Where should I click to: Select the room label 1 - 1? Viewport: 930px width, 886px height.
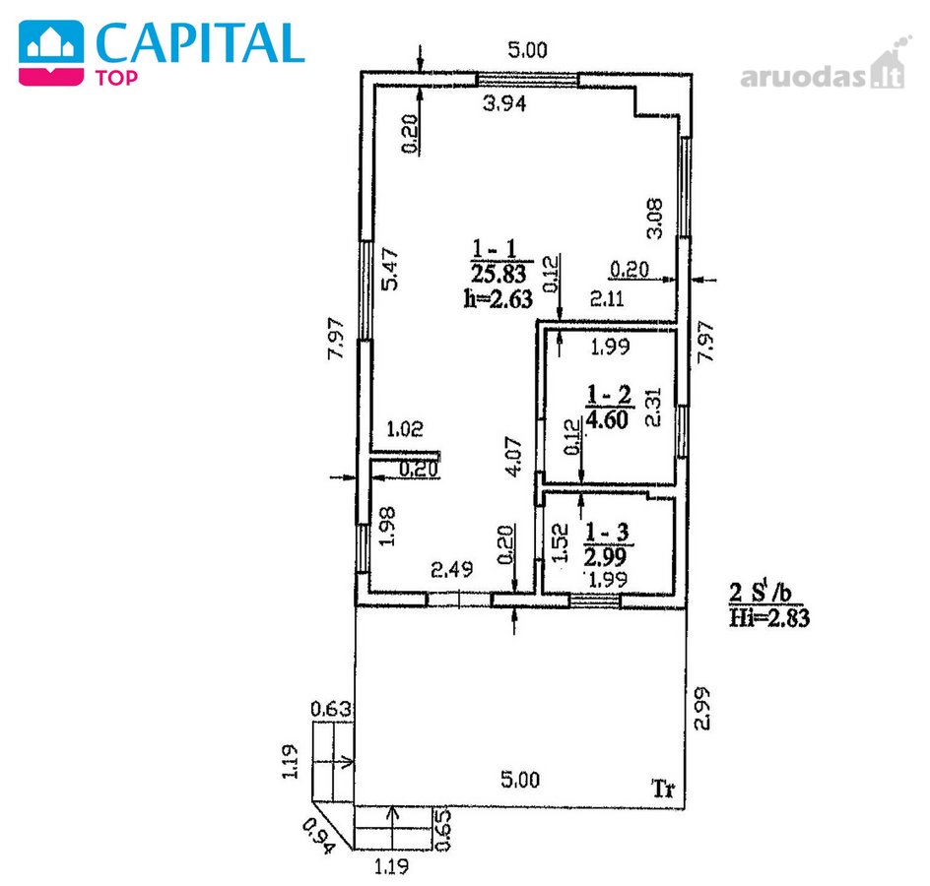(x=495, y=247)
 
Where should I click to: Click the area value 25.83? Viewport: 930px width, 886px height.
(x=498, y=274)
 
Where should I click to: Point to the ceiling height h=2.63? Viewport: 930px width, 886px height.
(x=498, y=298)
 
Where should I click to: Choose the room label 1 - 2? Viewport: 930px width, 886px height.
(x=609, y=394)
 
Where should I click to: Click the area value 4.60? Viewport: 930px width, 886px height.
(x=607, y=419)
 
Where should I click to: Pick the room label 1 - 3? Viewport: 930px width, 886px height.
(x=607, y=532)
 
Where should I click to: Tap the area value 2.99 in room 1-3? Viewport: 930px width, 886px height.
(x=605, y=556)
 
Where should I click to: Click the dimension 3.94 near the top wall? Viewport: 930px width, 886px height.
(x=504, y=103)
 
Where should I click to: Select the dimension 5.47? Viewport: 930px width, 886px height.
(x=390, y=269)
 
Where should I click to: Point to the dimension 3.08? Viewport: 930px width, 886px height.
(x=654, y=219)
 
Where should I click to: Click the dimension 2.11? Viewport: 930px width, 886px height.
(x=607, y=297)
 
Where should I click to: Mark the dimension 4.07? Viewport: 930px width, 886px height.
(x=514, y=456)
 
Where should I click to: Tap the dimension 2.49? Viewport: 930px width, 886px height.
(x=452, y=570)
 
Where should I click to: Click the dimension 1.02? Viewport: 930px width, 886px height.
(x=405, y=428)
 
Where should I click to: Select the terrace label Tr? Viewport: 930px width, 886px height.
(x=663, y=789)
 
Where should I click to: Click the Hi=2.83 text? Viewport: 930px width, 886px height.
(x=769, y=618)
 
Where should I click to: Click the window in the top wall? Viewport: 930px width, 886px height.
(x=528, y=80)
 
